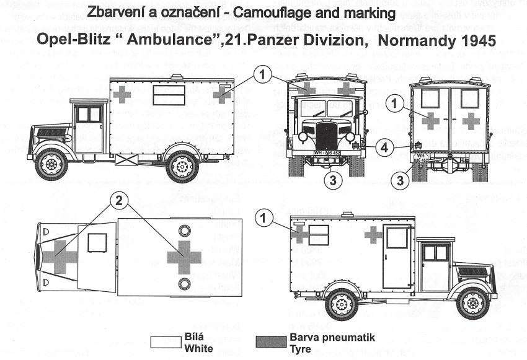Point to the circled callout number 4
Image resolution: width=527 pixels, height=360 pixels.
tap(386, 148)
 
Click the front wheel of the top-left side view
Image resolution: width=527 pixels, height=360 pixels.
tap(51, 164)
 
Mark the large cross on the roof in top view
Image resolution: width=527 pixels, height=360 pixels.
tap(184, 257)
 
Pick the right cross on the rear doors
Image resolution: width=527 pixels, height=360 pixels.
tap(471, 121)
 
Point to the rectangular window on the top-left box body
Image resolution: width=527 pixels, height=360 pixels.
tap(169, 95)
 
